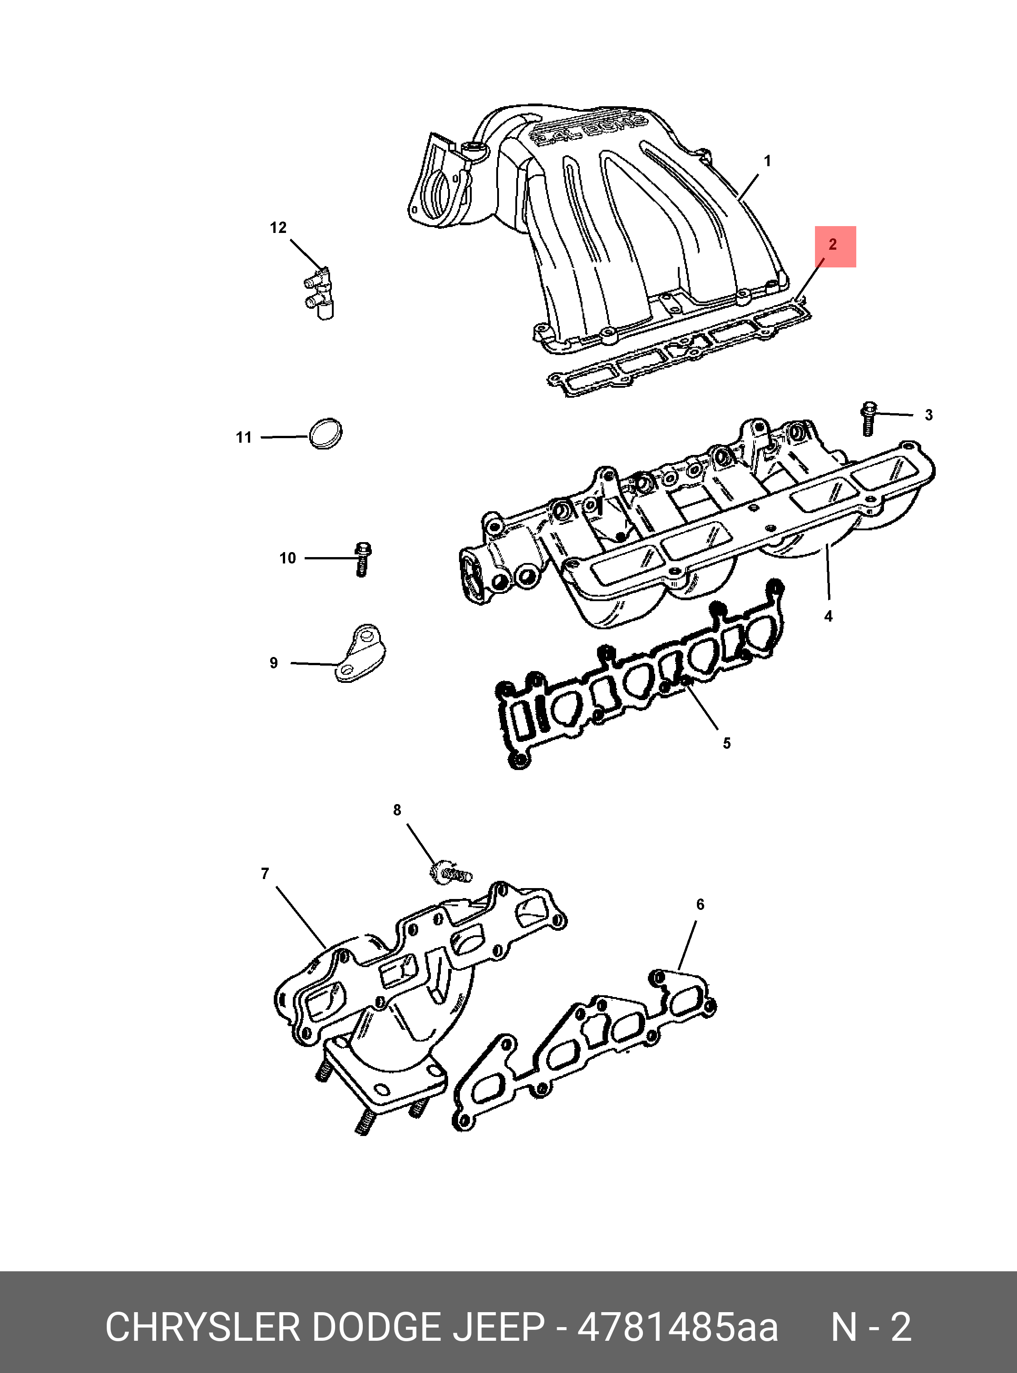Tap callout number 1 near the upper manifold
(767, 161)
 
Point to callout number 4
(828, 616)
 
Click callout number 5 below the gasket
(726, 743)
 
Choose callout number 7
(265, 874)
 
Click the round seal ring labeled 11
(325, 434)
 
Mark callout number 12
(278, 228)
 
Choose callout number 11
(244, 438)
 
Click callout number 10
(287, 558)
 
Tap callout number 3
(929, 415)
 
